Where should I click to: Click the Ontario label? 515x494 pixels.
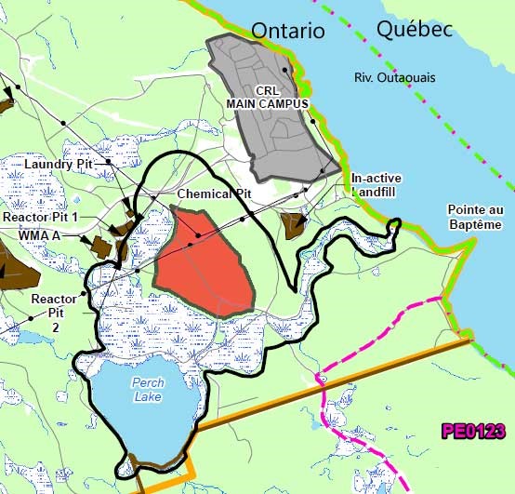click(288, 30)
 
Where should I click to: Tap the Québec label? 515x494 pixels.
click(415, 29)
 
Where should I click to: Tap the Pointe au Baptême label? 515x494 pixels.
click(474, 217)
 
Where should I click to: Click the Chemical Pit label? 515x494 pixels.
click(215, 194)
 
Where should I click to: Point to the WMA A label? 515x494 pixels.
click(39, 236)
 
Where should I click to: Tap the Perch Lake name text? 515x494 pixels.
click(147, 389)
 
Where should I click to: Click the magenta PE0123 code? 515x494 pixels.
click(473, 431)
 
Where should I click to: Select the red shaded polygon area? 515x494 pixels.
click(203, 262)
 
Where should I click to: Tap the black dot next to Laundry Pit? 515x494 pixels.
click(108, 162)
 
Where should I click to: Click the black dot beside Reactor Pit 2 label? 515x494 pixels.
click(84, 294)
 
